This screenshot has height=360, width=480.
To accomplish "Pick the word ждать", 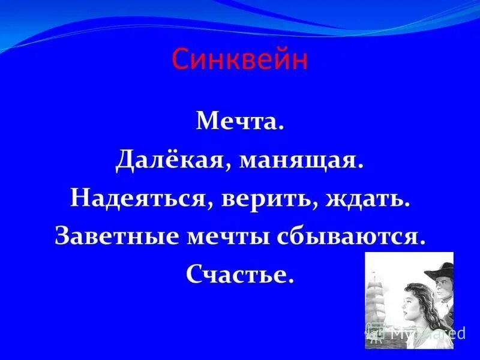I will click(x=366, y=199).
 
